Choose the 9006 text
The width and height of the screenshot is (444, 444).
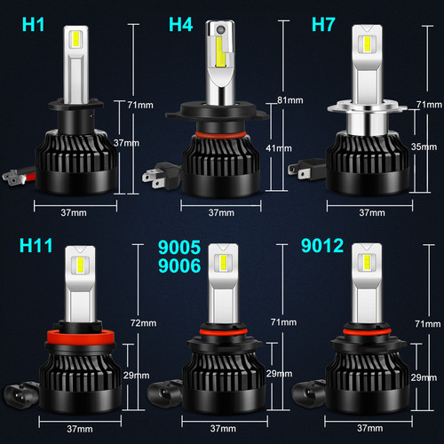tap(179, 264)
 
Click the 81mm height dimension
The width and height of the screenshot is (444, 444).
tap(287, 99)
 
